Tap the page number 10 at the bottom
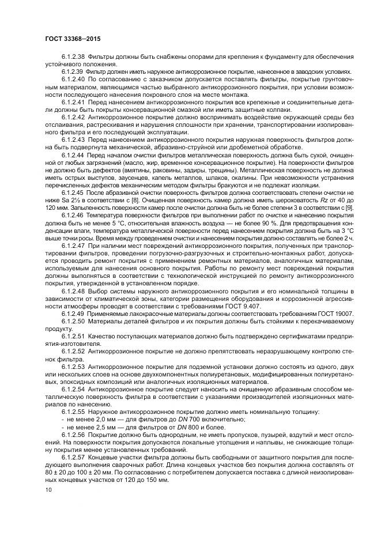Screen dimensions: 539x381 pyautogui.click(x=39, y=489)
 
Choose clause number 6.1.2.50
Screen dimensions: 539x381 pyautogui.click(x=73, y=320)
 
